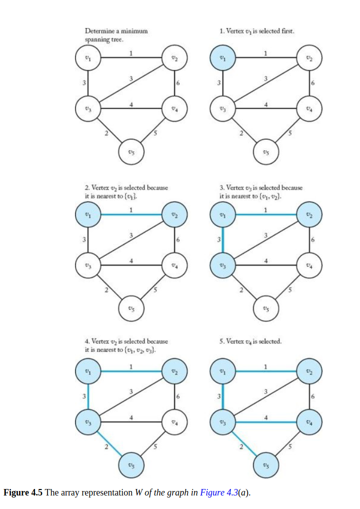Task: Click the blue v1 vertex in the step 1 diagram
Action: (222, 58)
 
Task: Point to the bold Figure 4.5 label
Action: (23, 493)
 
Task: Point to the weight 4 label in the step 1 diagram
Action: (266, 104)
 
